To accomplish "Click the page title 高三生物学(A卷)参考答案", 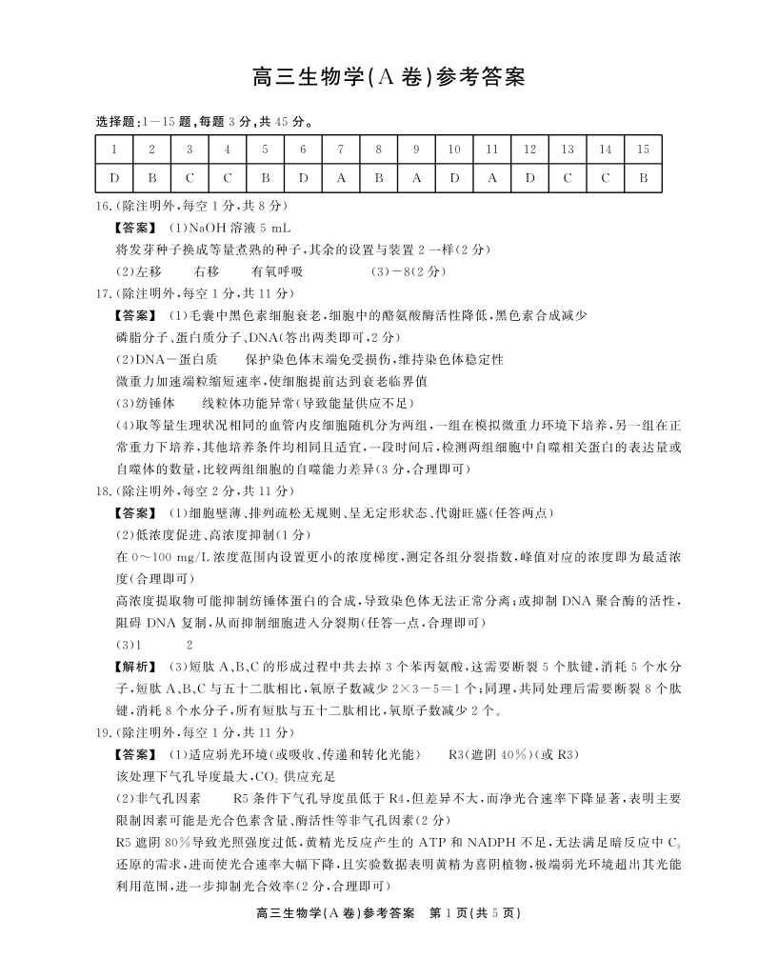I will (389, 76).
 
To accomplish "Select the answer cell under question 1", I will (113, 177).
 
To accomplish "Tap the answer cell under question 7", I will (340, 177).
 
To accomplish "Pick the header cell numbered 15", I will (643, 150).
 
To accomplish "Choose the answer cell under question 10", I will (454, 177).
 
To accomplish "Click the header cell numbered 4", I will (228, 150).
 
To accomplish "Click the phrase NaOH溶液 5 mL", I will (212, 229).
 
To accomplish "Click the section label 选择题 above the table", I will (116, 121).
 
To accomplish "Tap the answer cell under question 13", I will (568, 177).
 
